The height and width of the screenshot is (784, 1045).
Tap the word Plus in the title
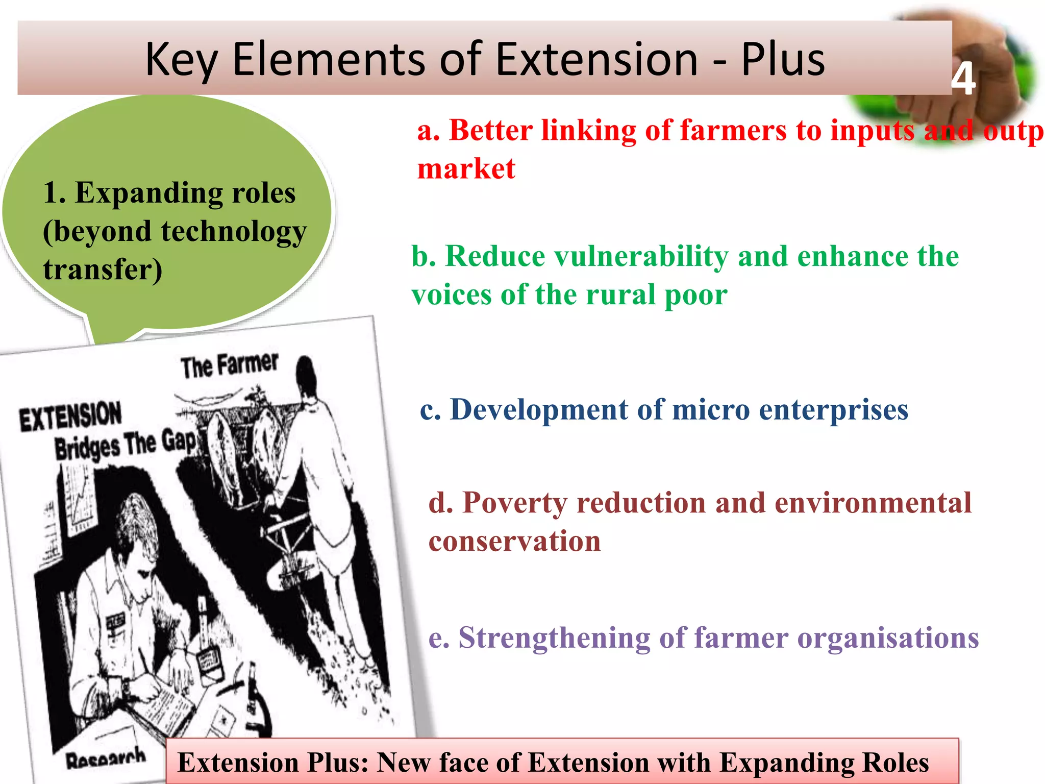pyautogui.click(x=783, y=60)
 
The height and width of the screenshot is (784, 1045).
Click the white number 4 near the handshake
pyautogui.click(x=963, y=80)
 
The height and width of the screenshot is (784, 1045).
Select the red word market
pyautogui.click(x=466, y=169)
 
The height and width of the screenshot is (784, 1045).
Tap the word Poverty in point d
pyautogui.click(x=514, y=503)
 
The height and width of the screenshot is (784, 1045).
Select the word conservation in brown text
pyautogui.click(x=514, y=542)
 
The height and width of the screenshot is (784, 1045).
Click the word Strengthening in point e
pyautogui.click(x=554, y=639)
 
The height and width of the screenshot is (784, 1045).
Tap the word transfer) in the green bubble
pyautogui.click(x=102, y=269)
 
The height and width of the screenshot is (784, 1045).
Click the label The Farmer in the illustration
pyautogui.click(x=229, y=365)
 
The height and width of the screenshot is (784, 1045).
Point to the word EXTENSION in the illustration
pyautogui.click(x=70, y=416)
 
